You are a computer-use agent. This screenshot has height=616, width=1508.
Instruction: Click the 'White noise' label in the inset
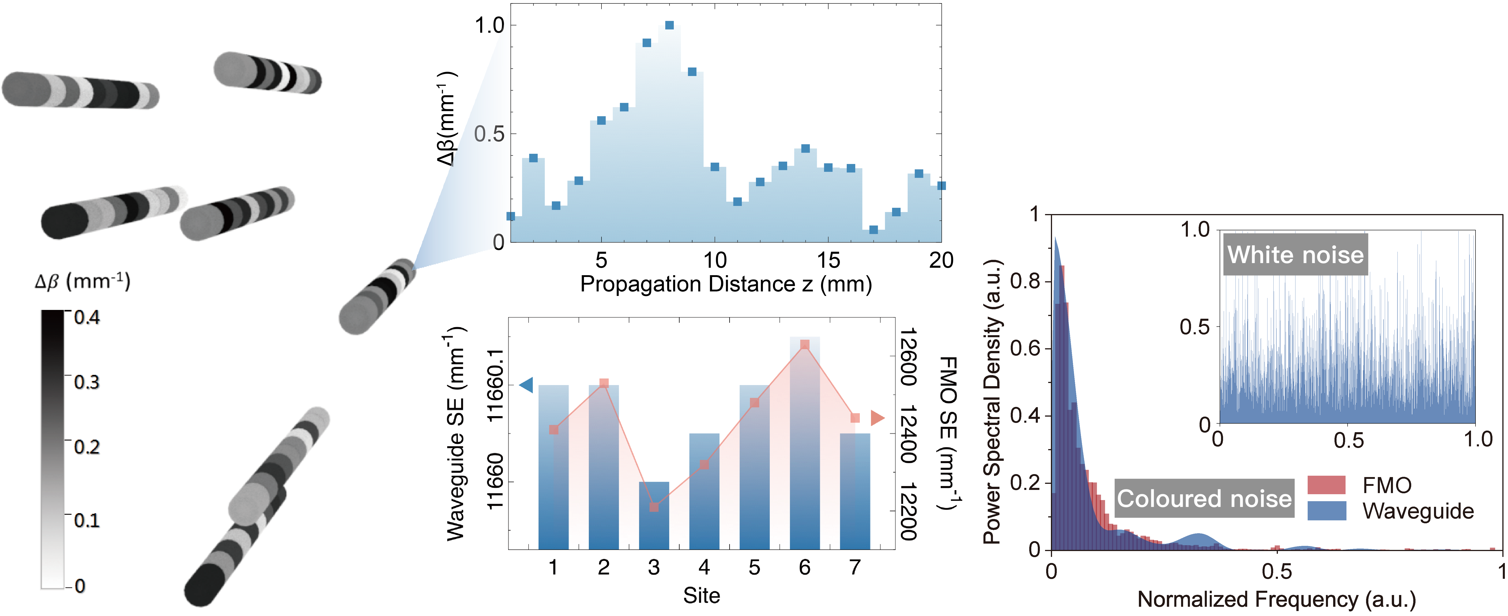tap(1295, 254)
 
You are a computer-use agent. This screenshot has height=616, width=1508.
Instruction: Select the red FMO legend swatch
tap(1326, 485)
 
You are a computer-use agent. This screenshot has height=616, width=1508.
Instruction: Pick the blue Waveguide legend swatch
tap(1326, 511)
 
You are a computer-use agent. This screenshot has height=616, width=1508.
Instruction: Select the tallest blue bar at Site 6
tap(804, 445)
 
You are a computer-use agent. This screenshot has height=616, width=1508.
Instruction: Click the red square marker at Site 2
tap(604, 383)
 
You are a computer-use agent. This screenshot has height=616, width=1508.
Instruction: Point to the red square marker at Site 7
tap(855, 418)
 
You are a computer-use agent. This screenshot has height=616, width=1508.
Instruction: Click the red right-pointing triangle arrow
tap(877, 418)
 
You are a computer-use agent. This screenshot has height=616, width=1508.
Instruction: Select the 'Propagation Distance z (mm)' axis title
tap(726, 284)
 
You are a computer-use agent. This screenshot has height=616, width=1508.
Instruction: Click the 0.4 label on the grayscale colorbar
tap(87, 318)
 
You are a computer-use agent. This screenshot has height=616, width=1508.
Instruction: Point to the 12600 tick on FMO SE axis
tap(907, 357)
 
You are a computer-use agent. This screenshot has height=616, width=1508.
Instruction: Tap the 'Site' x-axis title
tap(701, 595)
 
